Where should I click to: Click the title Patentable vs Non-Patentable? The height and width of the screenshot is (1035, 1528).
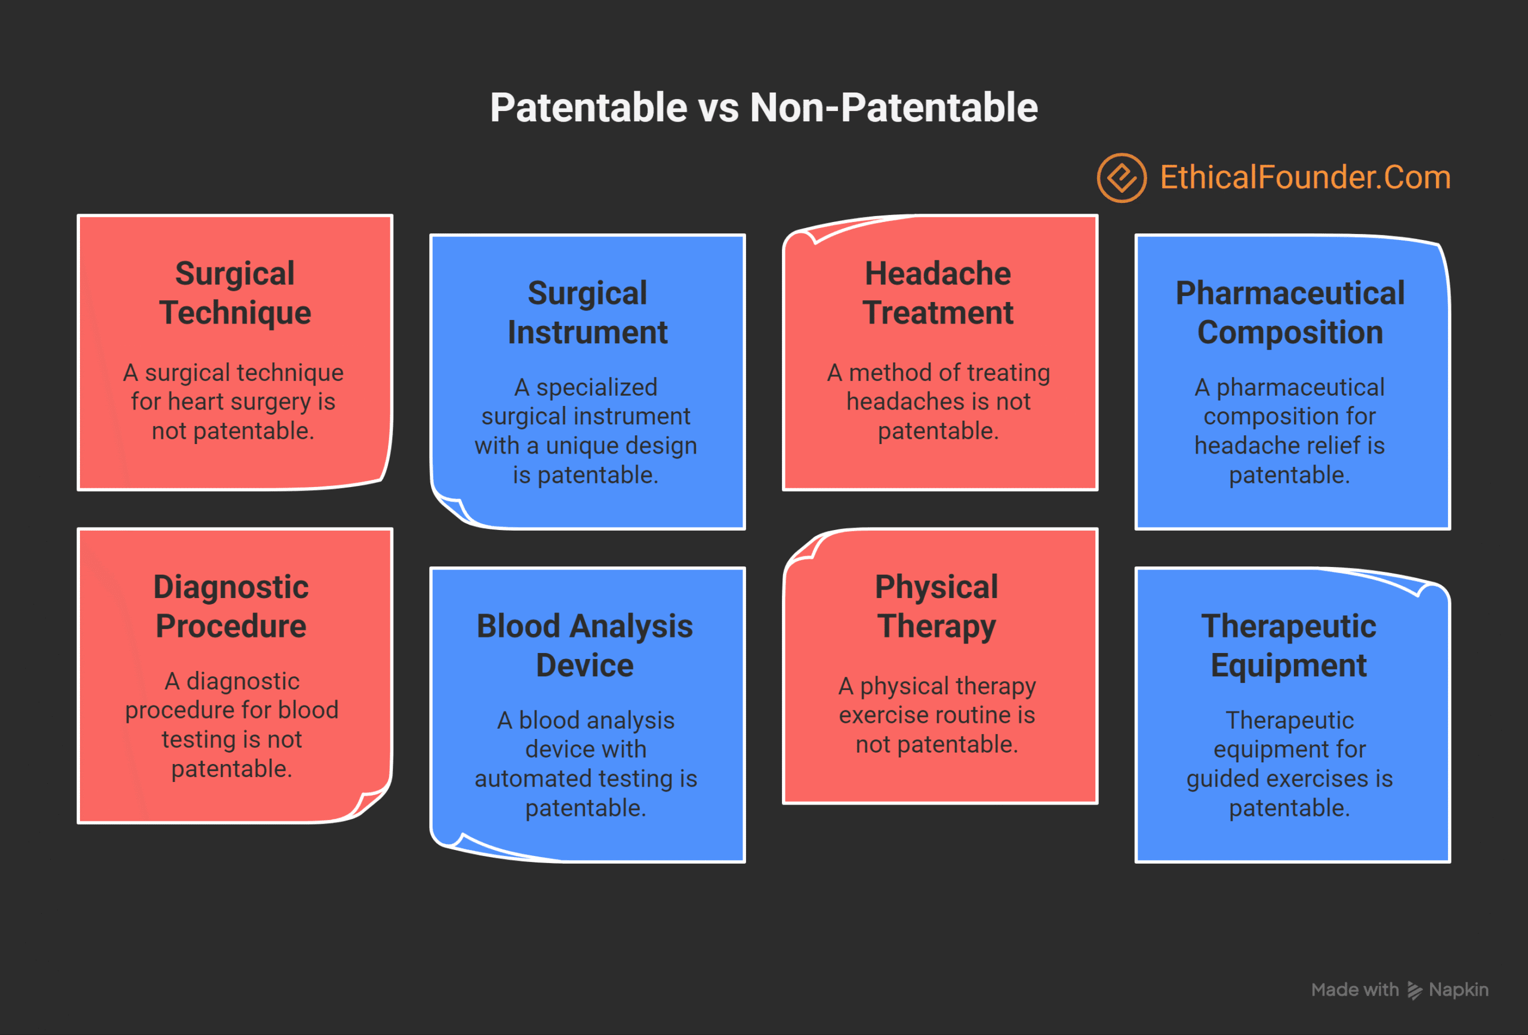coord(763,107)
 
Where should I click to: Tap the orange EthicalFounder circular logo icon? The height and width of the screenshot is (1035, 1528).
coord(1122,177)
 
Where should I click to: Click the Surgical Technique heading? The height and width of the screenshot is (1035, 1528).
coord(235,292)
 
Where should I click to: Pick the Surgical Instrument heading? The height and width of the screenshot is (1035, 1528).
coord(587,312)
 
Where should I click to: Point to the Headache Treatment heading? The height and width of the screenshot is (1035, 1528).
coord(938,292)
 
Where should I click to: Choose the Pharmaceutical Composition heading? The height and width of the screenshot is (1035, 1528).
coord(1289,312)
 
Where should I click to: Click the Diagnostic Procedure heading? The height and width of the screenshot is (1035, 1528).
coord(231,606)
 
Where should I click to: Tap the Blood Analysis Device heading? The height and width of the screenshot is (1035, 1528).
coord(584,645)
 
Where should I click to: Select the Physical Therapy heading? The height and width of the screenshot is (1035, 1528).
coord(936,606)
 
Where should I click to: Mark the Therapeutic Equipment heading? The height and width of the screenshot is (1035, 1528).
coord(1289,645)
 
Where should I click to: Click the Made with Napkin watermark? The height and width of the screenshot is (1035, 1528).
coord(1399,990)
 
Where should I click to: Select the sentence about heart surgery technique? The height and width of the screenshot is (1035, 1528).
coord(233,401)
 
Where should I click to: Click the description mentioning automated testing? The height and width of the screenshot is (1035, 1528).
coord(585,763)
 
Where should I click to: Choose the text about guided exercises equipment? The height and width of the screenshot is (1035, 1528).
coord(1289,763)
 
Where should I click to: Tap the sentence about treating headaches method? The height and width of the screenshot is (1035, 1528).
coord(938,401)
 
